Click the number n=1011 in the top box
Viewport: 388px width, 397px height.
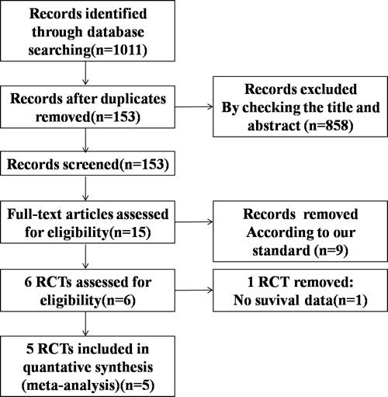[120, 50]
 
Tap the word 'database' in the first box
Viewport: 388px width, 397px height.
[116, 32]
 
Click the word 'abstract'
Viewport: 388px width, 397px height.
[274, 126]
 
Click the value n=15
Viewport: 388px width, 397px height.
[130, 232]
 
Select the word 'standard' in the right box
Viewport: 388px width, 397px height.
[281, 250]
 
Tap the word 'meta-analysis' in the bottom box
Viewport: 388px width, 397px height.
[70, 385]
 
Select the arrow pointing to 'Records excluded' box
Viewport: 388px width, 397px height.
[194, 106]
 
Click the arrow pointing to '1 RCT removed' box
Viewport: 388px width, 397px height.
[194, 290]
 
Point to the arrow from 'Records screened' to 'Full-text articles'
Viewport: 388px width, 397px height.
[85, 188]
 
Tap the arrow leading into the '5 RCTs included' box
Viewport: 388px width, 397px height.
[85, 323]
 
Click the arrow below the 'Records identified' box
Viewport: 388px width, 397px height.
[85, 73]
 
